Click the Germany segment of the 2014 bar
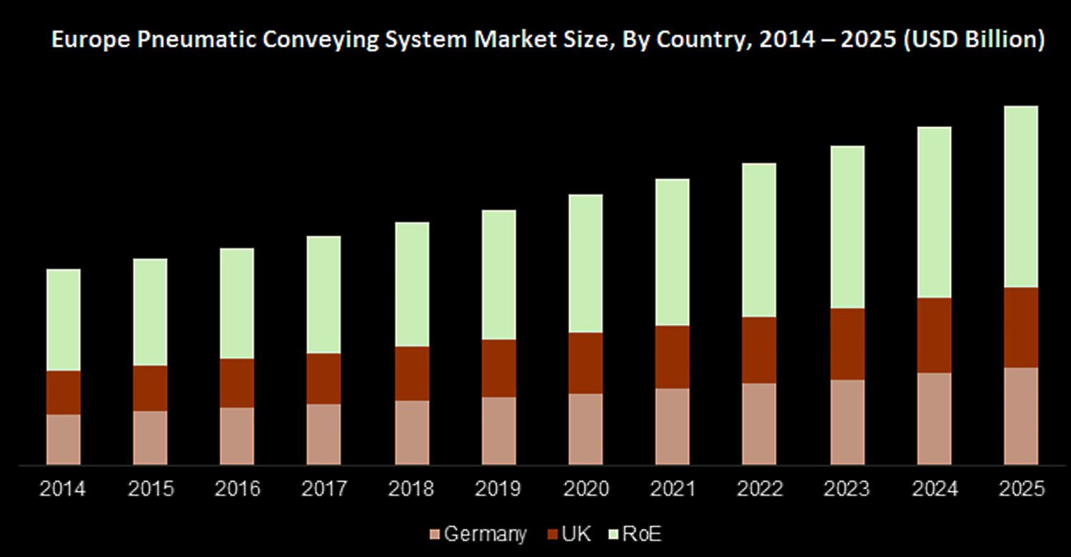(x=64, y=439)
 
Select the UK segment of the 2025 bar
(x=1021, y=327)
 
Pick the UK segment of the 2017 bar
(x=324, y=378)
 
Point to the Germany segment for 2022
(x=759, y=423)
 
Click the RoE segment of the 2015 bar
(x=151, y=311)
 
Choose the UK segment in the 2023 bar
(x=847, y=343)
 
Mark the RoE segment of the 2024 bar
(x=935, y=212)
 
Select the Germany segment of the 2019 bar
(x=498, y=431)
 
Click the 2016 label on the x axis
(x=238, y=489)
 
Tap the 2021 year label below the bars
(x=673, y=489)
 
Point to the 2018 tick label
(x=411, y=489)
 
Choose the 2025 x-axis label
(x=1021, y=489)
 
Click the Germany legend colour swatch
(x=434, y=534)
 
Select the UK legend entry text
(x=577, y=534)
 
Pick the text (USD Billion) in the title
(x=973, y=41)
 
